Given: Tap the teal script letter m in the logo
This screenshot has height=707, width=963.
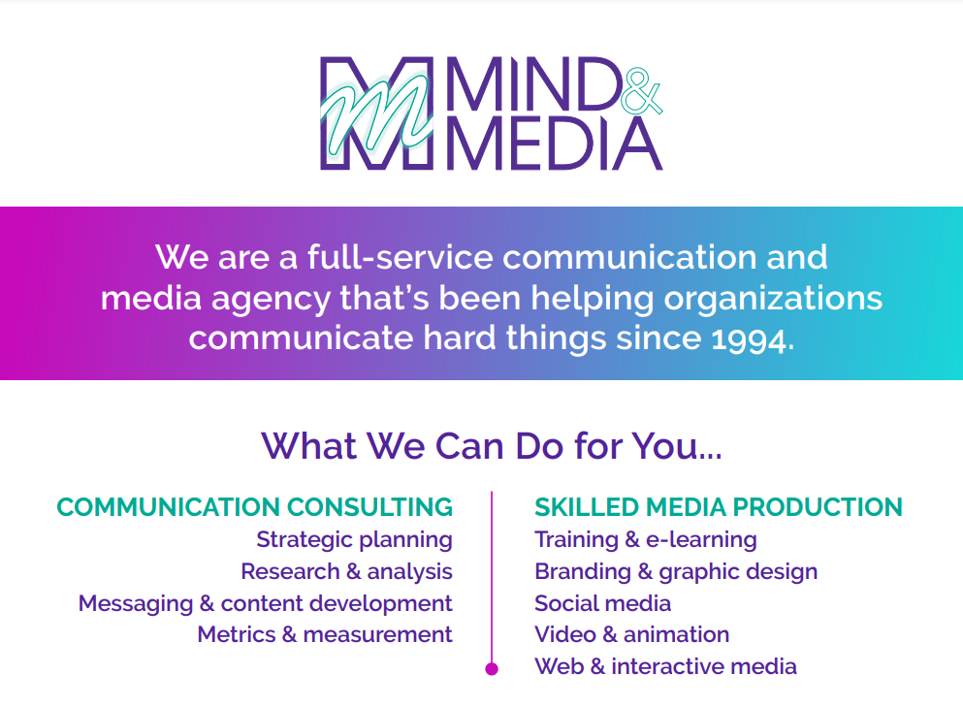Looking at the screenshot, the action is [375, 113].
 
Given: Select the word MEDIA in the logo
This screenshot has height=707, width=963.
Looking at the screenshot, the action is [555, 144].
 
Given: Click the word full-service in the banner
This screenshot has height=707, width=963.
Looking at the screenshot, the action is [401, 257].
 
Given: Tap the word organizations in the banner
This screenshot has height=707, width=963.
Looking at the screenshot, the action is [773, 299].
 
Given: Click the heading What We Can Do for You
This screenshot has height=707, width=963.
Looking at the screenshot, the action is [492, 446].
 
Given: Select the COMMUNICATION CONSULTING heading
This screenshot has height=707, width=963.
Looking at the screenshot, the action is [255, 507].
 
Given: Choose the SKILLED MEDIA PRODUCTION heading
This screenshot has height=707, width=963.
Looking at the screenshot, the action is [719, 507].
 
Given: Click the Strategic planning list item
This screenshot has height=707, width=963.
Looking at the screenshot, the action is [354, 540].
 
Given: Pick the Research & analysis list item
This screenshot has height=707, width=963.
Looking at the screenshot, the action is [346, 572].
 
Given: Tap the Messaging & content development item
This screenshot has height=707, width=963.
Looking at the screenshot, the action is [266, 604].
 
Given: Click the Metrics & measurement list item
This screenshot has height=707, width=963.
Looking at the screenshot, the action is [325, 634].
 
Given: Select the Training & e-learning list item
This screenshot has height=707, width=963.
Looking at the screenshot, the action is [646, 540].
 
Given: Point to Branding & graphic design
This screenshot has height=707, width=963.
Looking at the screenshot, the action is [676, 572].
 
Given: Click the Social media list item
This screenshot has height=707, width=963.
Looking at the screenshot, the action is [602, 604].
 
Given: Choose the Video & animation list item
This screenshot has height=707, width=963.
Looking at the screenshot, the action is [632, 634].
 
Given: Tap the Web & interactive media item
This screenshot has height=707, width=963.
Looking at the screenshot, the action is [665, 666].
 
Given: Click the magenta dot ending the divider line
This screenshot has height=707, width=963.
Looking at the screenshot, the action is [492, 669].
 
